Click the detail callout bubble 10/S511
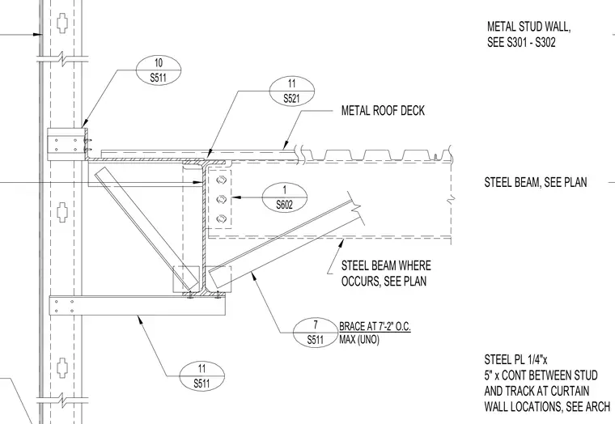159,70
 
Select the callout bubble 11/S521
292,91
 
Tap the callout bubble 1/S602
284,197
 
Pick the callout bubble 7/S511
316,333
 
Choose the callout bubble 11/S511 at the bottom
202,376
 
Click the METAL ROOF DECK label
383,111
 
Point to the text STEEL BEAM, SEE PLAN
536,182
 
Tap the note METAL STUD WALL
528,27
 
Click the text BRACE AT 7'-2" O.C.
375,326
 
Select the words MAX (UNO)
358,339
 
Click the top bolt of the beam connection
221,180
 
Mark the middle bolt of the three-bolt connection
221,199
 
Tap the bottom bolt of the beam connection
221,218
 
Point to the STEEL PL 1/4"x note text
515,359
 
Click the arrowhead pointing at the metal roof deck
286,146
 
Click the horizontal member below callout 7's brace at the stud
138,306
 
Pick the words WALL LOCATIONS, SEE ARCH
547,406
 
